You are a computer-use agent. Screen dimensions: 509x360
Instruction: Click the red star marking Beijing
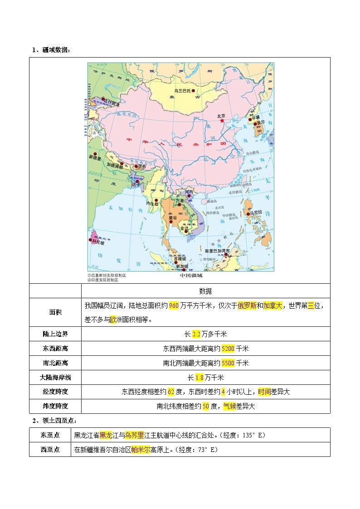pyautogui.click(x=222, y=120)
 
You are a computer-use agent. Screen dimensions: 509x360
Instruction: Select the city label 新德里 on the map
pyautogui.click(x=96, y=157)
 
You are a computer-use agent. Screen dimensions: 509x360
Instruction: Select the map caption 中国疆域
pyautogui.click(x=191, y=275)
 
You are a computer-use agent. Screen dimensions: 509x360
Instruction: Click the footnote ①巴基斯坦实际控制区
pyautogui.click(x=107, y=275)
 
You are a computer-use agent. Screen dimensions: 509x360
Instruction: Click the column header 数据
pyautogui.click(x=205, y=291)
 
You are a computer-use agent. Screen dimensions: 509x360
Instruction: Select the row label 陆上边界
pyautogui.click(x=55, y=334)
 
